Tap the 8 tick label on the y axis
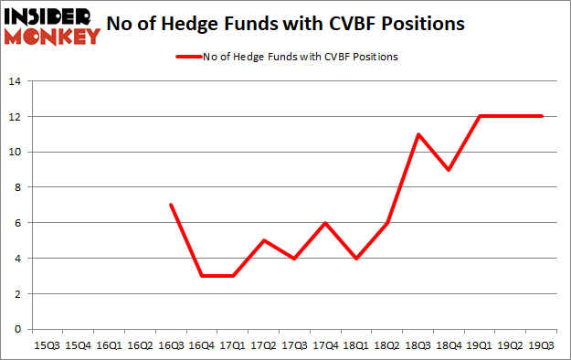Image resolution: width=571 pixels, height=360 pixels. [17, 187]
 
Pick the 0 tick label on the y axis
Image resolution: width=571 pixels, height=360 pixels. [17, 329]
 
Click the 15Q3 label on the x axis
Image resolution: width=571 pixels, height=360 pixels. [47, 346]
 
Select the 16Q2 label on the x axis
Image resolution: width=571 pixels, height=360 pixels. [140, 346]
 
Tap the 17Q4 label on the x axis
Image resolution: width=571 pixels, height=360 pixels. [326, 346]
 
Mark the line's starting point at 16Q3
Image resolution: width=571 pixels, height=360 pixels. [171, 205]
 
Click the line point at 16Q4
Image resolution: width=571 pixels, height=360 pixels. [202, 276]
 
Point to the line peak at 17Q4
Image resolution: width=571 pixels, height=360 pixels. [326, 223]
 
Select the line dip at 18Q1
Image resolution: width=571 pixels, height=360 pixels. [357, 259]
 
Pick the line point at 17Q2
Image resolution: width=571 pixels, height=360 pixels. [264, 240]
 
